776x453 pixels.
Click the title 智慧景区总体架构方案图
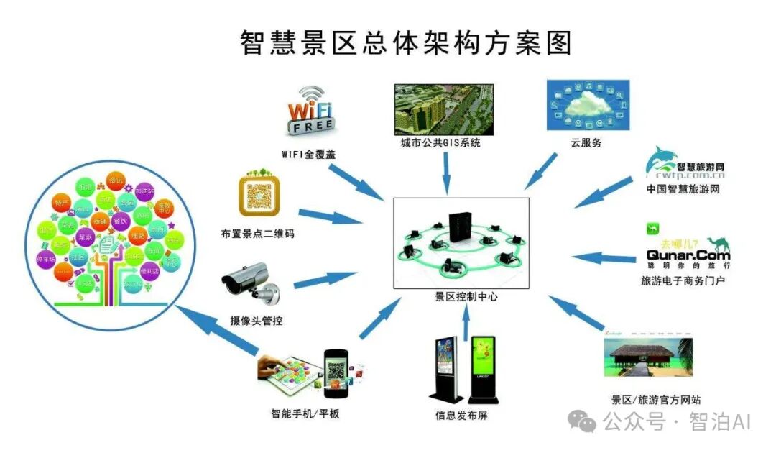tap(405, 42)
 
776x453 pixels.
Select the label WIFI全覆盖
tap(308, 154)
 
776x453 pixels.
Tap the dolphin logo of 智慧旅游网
tap(660, 161)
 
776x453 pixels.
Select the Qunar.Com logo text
tap(688, 255)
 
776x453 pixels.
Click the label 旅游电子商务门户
tap(683, 280)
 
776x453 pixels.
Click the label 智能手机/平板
tap(305, 414)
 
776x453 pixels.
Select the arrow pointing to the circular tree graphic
tap(216, 331)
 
